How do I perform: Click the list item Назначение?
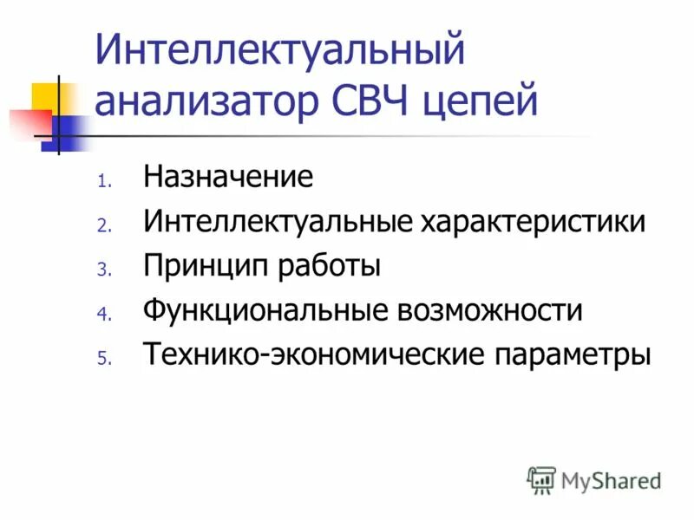228,177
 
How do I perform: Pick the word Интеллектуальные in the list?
278,221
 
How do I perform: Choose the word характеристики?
534,221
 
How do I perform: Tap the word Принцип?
206,266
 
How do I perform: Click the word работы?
331,266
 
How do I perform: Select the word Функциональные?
266,311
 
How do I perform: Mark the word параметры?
572,355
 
